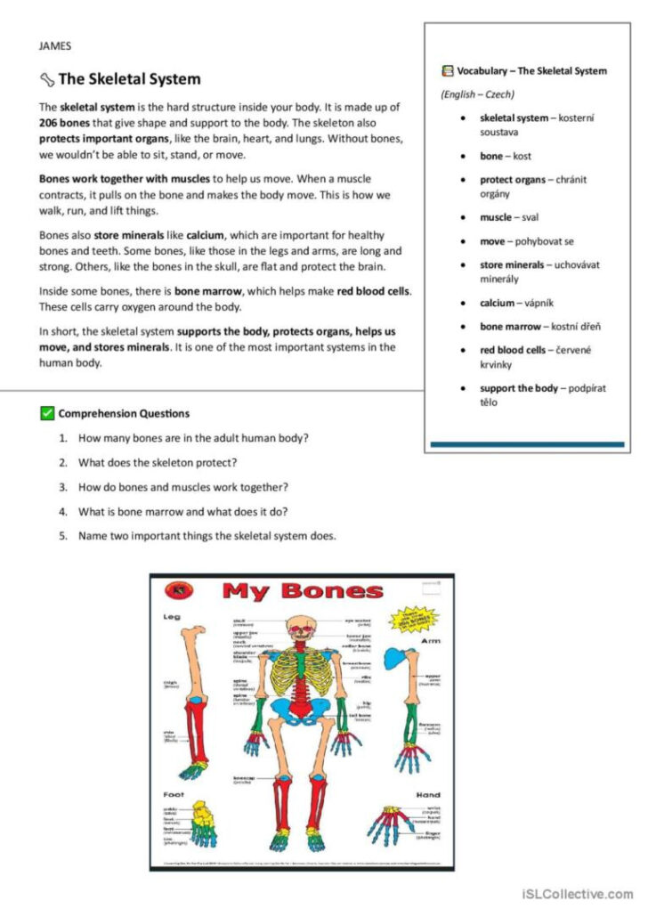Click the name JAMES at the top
(x=55, y=45)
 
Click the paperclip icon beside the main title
(x=47, y=79)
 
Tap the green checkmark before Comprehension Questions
(x=47, y=413)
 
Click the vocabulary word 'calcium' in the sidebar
(x=497, y=303)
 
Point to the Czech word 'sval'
(x=531, y=217)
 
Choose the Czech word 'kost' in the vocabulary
(x=522, y=156)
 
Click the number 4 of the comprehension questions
(x=63, y=512)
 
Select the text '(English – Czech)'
(x=478, y=94)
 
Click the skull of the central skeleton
(x=303, y=627)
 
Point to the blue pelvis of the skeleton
(x=304, y=712)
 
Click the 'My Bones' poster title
(x=303, y=591)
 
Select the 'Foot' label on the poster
(x=173, y=793)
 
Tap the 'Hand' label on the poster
(x=428, y=794)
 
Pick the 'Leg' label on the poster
(x=170, y=617)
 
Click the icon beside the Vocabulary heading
(x=447, y=70)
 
